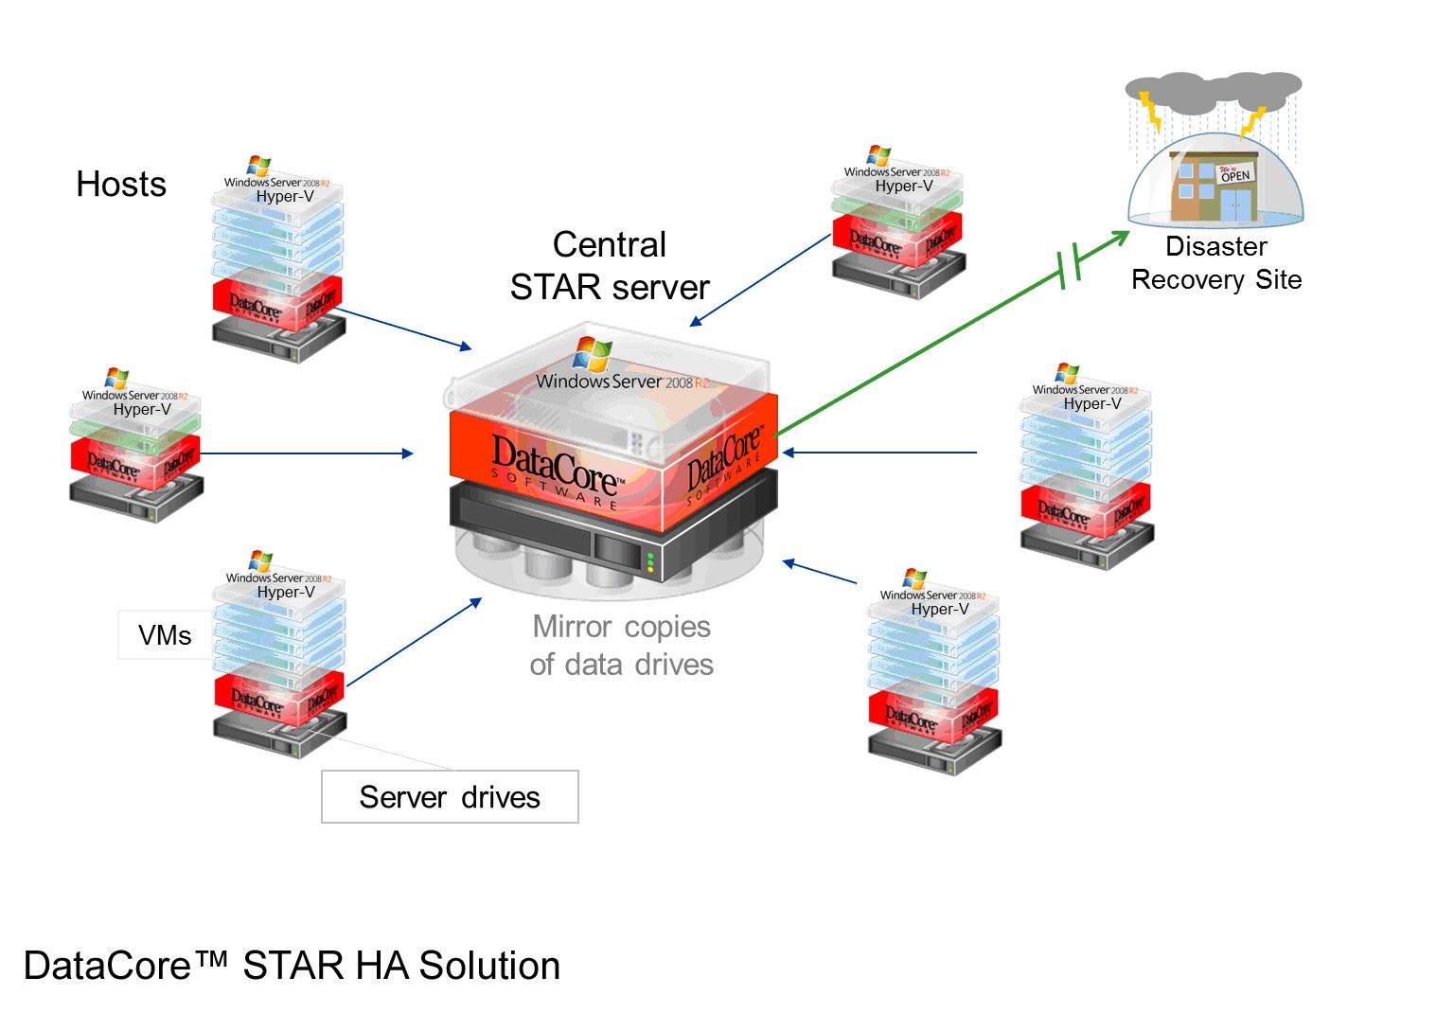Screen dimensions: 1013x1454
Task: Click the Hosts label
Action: pos(121,184)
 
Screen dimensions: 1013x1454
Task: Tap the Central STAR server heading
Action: pos(610,266)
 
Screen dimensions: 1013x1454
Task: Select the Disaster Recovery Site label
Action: pos(1216,263)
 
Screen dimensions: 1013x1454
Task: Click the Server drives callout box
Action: pos(450,797)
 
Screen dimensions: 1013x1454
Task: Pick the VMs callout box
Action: pos(165,635)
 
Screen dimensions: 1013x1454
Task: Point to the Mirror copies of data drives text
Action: pos(621,646)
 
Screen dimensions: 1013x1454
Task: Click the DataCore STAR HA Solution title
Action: pos(292,966)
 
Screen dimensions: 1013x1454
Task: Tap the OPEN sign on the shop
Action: pos(1235,174)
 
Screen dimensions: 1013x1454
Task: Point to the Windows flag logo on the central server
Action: pos(593,354)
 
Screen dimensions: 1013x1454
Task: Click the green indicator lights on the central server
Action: pos(650,562)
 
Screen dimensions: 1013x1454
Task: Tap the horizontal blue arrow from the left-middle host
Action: pos(307,453)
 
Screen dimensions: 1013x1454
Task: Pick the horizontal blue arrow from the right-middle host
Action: pos(880,453)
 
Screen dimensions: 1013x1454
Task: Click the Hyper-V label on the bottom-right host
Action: pos(939,609)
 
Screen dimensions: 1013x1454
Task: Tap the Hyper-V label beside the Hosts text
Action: pos(285,196)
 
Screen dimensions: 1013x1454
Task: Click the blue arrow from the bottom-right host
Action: pos(820,572)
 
